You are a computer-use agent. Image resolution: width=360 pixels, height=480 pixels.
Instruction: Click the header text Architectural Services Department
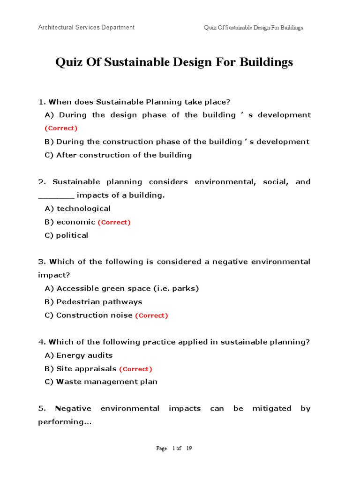coord(86,27)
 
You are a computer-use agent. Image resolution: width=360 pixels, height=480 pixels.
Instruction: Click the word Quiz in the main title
coord(68,62)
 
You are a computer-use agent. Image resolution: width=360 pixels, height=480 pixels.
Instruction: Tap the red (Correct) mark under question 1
coord(61,128)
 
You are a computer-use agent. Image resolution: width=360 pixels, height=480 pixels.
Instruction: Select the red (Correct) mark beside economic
coord(114,222)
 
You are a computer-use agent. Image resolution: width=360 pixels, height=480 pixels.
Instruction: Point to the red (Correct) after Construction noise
coord(151,315)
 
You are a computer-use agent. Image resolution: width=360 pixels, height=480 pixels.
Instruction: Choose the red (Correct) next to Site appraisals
coord(135,369)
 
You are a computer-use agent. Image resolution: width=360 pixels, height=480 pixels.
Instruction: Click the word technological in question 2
coord(83,209)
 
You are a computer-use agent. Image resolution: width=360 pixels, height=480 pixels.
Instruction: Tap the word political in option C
coord(72,235)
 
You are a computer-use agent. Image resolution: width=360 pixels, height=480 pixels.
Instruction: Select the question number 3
coord(40,262)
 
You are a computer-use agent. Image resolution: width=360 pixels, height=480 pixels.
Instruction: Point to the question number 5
coord(40,409)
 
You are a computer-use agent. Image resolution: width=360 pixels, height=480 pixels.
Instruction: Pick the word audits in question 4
coord(99,355)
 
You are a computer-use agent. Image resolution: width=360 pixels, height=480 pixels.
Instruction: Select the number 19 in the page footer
coord(189,449)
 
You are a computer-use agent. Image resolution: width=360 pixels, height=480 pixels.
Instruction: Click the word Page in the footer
coord(161,449)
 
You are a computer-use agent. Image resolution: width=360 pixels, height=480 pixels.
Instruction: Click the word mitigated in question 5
coord(272,409)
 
